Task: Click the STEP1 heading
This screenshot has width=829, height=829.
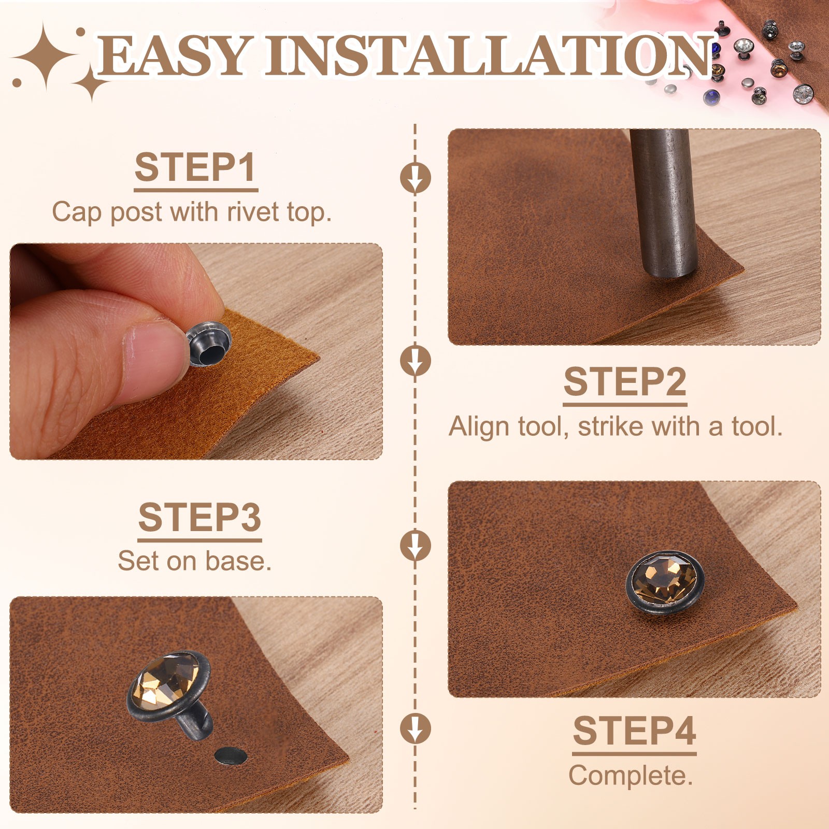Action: tap(195, 167)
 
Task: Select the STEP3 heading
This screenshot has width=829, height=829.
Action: tap(200, 517)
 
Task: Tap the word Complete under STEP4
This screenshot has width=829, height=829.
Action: tap(631, 776)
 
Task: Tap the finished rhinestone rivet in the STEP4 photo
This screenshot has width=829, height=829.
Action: tap(665, 582)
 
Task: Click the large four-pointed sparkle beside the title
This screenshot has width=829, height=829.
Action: tap(46, 56)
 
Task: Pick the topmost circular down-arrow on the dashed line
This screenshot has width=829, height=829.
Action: tap(415, 177)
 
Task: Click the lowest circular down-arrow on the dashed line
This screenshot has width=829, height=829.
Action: tap(415, 728)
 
